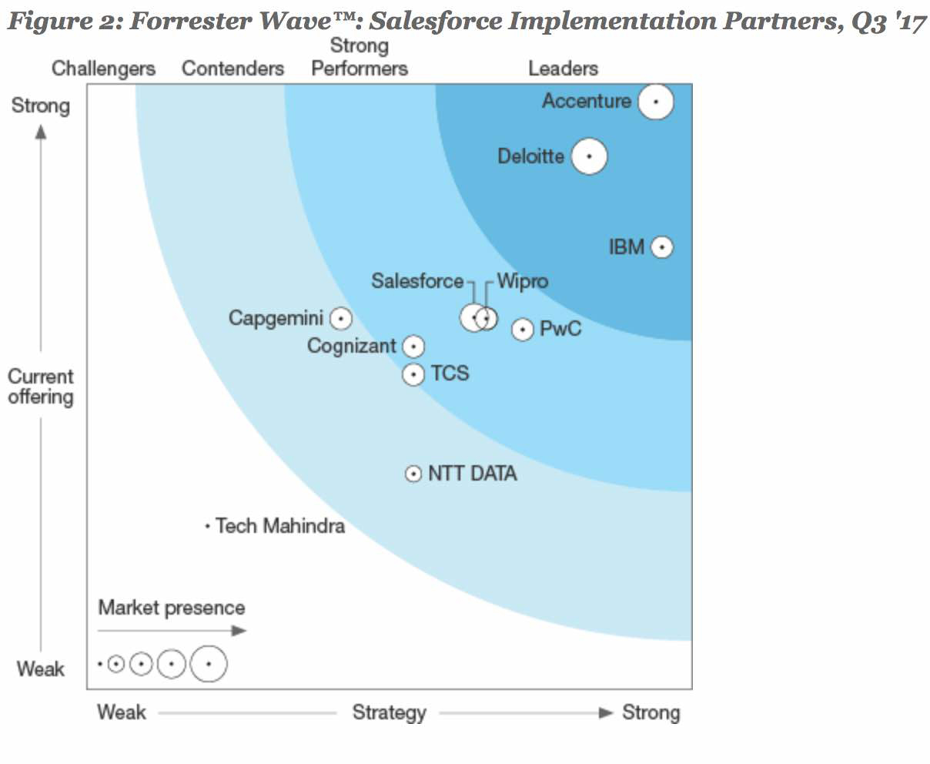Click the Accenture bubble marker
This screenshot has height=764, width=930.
(x=656, y=102)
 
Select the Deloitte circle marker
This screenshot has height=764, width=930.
(x=589, y=156)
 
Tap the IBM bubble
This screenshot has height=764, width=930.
(x=661, y=247)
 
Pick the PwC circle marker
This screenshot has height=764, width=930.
(x=523, y=330)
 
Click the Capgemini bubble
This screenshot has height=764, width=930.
(x=340, y=318)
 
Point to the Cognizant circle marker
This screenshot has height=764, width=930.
(x=414, y=347)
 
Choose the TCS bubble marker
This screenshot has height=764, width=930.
(x=414, y=374)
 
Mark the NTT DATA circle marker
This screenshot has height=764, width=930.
(x=413, y=474)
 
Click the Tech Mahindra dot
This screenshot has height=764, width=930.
(x=207, y=527)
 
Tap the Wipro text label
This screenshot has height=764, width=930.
(x=523, y=281)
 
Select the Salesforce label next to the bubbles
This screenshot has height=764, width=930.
(x=417, y=281)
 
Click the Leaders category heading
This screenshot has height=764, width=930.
(x=563, y=69)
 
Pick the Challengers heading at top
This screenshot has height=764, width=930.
(x=103, y=69)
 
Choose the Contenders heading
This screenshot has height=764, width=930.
(x=232, y=69)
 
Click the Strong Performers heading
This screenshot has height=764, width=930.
(x=360, y=58)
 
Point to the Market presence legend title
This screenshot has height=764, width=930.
(x=171, y=608)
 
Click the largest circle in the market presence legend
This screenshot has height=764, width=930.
(x=209, y=664)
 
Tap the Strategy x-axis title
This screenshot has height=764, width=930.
(x=389, y=712)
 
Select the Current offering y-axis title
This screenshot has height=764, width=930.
(x=40, y=387)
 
